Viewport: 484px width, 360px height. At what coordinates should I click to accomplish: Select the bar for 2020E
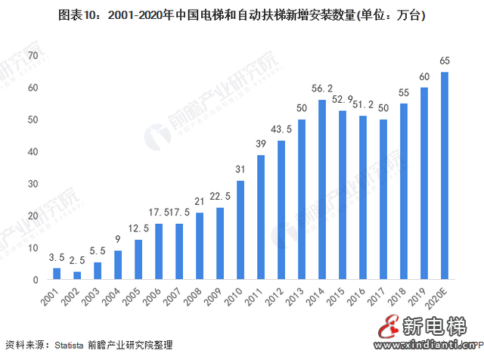coord(445,175)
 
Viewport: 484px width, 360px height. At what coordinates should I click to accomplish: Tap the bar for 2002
coord(77,275)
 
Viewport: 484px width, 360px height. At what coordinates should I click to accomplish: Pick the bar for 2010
coord(240,230)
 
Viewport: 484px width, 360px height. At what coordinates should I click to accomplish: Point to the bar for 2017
coord(383,200)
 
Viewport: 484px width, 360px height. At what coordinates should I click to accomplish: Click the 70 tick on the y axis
coord(33,56)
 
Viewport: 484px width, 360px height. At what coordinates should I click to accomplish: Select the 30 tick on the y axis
coord(33,184)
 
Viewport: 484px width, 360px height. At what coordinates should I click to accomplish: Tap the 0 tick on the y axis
coord(36,280)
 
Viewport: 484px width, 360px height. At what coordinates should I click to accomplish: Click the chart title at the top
coord(242,16)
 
